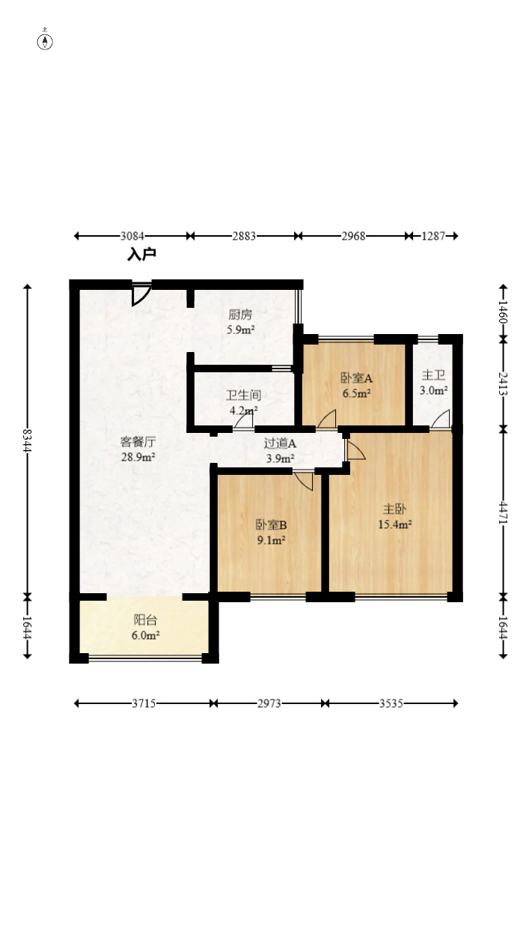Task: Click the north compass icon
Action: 45,41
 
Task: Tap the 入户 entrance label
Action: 141,254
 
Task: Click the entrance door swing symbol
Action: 141,294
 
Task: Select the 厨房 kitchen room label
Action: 240,315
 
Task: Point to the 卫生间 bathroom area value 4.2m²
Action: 243,410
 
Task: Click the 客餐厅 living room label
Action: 138,442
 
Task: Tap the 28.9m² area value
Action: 138,457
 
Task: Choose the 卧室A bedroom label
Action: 356,378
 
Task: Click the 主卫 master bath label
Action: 433,375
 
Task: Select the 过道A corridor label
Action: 280,443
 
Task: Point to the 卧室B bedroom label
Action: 272,524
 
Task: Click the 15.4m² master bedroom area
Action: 394,524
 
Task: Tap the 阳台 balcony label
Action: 145,619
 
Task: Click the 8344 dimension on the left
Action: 28,440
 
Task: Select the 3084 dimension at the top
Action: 132,236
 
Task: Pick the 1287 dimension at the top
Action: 433,236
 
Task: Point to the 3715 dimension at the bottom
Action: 144,703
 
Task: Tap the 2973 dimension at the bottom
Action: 269,703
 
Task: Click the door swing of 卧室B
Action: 304,480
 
